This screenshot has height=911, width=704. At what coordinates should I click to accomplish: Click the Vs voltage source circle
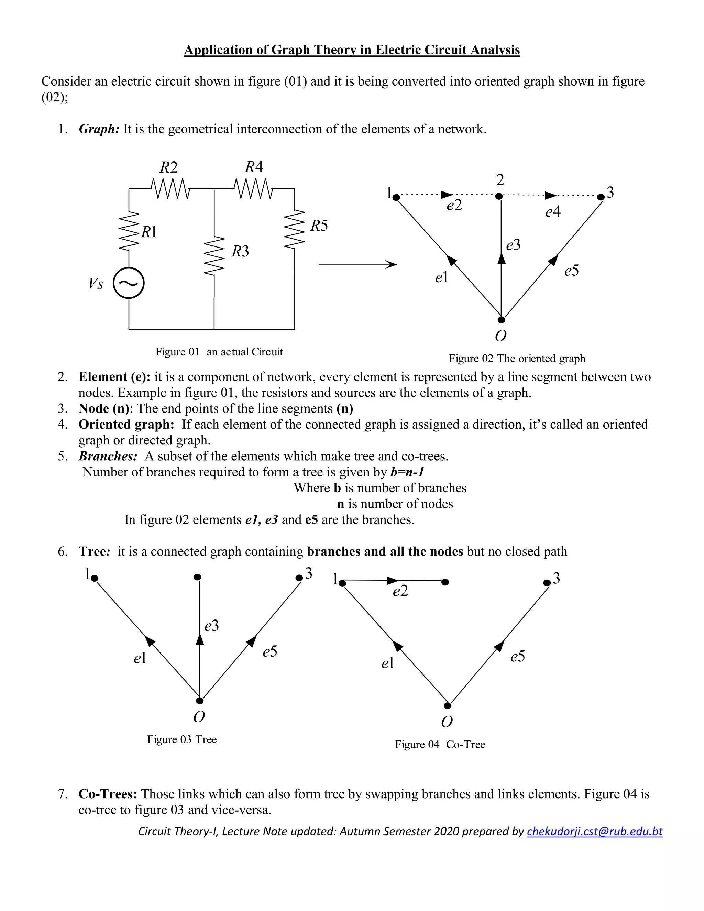129,283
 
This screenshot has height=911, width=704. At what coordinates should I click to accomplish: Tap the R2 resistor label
168,168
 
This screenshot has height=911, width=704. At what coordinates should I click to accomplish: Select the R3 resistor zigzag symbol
214,256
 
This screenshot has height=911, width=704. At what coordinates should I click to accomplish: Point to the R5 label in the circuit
319,226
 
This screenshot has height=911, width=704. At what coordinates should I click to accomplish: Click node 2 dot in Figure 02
499,196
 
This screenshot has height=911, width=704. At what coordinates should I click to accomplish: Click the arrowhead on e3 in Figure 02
502,258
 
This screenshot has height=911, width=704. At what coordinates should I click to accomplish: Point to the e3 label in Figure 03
211,626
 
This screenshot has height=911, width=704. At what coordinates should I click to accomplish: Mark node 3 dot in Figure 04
547,583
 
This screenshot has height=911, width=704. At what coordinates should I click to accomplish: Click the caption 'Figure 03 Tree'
182,739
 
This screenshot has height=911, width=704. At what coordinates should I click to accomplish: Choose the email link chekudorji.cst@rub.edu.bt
594,831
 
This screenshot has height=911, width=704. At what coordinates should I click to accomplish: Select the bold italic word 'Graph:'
99,129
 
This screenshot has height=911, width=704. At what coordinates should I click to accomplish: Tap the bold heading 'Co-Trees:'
108,794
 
